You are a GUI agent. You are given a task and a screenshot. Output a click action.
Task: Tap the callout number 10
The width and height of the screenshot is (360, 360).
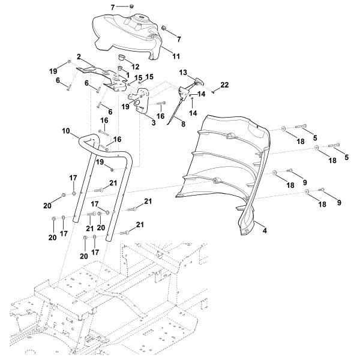(65, 130)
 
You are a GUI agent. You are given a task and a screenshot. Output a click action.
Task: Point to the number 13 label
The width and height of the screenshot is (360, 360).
(183, 72)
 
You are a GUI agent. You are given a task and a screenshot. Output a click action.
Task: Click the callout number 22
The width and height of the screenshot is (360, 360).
(224, 85)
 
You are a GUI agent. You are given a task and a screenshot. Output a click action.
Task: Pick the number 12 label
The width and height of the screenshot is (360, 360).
(136, 66)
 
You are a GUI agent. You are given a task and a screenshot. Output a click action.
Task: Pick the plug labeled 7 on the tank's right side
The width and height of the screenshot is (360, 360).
(164, 29)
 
